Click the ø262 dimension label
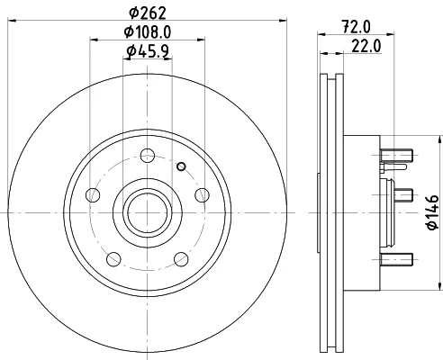click(148, 13)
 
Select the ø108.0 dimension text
click(148, 31)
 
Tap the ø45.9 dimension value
click(148, 51)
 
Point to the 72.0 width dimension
click(356, 27)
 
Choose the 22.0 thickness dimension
click(366, 46)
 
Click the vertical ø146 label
click(432, 212)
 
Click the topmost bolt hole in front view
click(148, 156)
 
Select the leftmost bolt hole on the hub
click(93, 195)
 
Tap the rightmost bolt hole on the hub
click(202, 195)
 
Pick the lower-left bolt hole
click(113, 259)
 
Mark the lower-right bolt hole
click(181, 259)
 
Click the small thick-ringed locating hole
click(181, 166)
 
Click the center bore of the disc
click(148, 212)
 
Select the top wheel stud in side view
click(396, 156)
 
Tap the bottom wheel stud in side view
click(396, 259)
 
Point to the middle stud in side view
click(403, 195)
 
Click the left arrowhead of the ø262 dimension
click(12, 21)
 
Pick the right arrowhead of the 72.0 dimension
click(391, 34)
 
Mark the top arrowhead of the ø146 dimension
click(440, 139)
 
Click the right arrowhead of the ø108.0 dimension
click(201, 40)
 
